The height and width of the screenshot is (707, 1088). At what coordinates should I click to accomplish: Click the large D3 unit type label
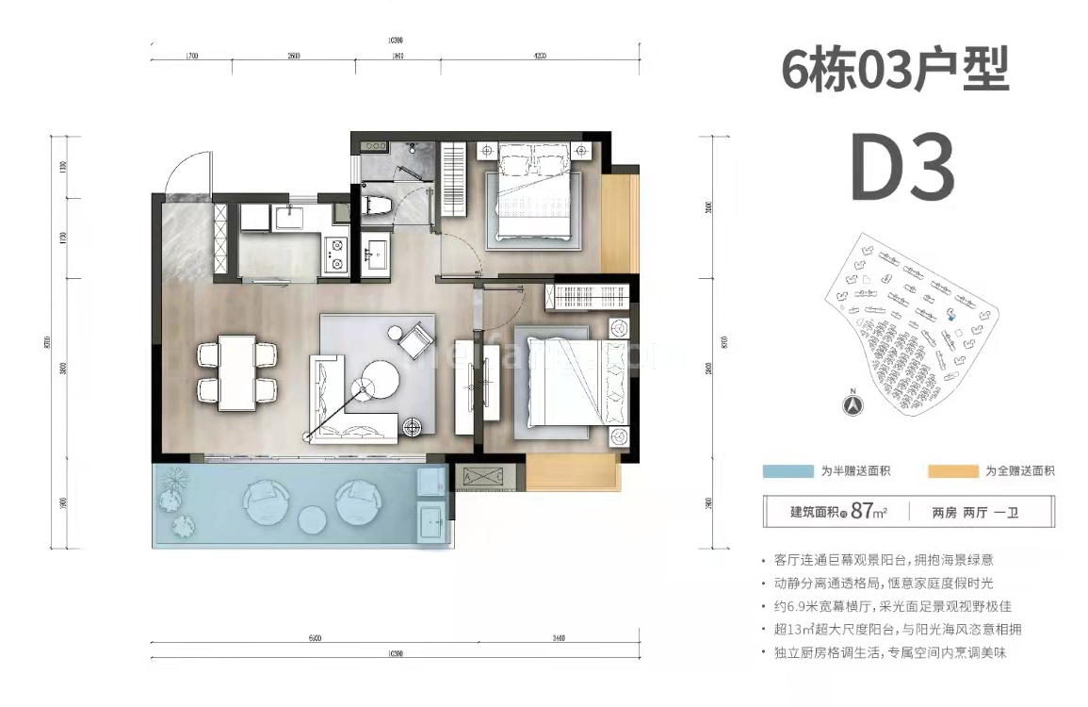point(902,168)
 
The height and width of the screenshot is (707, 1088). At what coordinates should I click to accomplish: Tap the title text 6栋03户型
point(895,71)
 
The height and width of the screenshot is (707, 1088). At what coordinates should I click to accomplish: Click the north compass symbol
point(851,405)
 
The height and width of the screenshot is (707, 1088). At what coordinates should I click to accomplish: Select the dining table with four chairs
point(237,370)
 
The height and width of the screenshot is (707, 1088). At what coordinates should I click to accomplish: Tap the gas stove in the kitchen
point(335,253)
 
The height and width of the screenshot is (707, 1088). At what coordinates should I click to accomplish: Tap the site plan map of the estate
point(909,321)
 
